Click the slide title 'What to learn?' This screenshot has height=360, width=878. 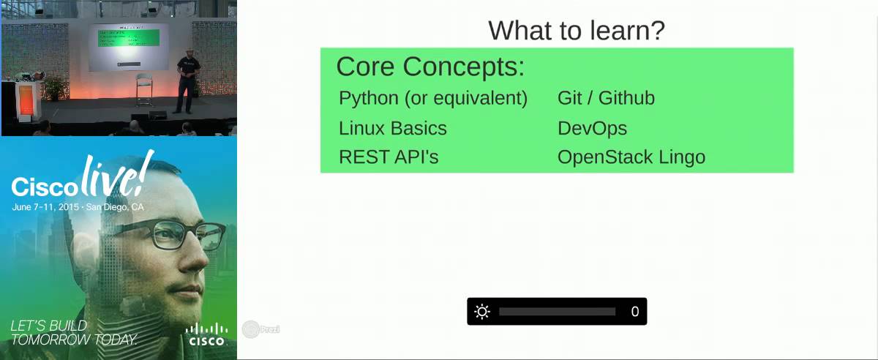coord(576,31)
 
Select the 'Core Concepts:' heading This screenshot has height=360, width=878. coord(430,67)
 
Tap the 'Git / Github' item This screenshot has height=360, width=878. coord(606,98)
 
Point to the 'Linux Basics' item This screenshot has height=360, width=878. coord(392,128)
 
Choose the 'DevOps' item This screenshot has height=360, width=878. coord(592,128)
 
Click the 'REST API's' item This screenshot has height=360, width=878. coord(389,157)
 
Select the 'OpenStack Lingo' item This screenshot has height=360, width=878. coord(631,157)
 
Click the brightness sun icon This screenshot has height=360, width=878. coord(481,312)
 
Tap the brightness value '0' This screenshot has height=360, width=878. coord(634,312)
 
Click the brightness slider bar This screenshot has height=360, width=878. coord(557,312)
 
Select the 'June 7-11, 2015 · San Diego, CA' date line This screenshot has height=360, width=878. coord(78,207)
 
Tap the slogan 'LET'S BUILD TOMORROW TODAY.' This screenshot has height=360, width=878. coord(74,332)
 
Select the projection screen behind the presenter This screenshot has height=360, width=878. coord(128,46)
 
